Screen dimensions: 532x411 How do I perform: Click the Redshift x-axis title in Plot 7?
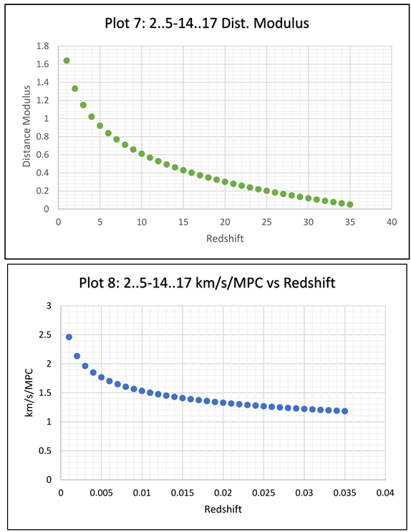(x=224, y=238)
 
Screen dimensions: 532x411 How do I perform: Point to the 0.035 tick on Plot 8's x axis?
(x=345, y=492)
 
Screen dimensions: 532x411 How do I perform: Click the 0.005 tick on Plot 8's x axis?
(x=101, y=492)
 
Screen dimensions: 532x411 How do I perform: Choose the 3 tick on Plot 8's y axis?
(x=50, y=306)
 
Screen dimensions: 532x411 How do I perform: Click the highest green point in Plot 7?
(x=67, y=60)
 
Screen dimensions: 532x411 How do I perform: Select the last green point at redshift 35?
(x=349, y=204)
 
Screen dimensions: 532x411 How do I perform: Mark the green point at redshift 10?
(x=141, y=154)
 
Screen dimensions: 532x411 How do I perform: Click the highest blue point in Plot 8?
(x=69, y=337)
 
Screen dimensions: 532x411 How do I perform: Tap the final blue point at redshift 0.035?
(x=344, y=411)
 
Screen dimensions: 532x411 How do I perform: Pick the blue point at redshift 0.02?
(x=223, y=402)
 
